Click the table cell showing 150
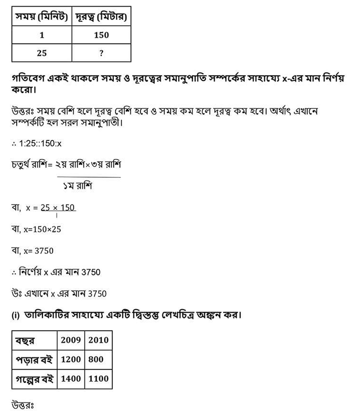(101, 35)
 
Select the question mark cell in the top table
(101, 53)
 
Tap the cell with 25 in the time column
(42, 53)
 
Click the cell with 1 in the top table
(42, 35)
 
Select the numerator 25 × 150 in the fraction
(58, 208)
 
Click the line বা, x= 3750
(32, 251)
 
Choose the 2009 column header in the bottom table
(71, 340)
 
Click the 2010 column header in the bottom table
(98, 340)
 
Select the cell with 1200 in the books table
(71, 359)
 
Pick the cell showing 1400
(71, 379)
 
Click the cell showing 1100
(98, 379)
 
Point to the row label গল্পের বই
(34, 379)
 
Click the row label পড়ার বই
(34, 359)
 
